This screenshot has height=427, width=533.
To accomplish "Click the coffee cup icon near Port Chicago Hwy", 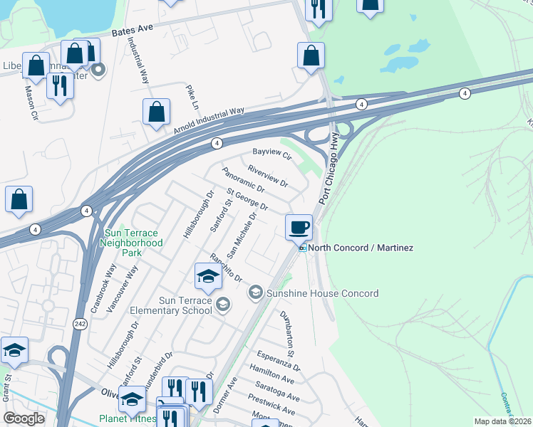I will coord(299,227).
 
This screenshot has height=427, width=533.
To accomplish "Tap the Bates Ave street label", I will coord(133,30).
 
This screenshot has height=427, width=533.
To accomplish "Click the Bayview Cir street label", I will coord(273,153).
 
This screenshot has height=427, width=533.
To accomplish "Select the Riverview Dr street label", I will coord(267,176).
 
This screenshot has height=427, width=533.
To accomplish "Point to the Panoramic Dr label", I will coord(243,181).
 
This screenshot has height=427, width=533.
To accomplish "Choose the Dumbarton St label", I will coord(286,333).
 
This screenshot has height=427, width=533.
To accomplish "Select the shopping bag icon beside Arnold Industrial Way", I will coord(156,112).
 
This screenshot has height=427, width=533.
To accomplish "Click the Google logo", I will coord(24,418).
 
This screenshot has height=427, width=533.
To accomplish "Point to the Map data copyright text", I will coord(503,421).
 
